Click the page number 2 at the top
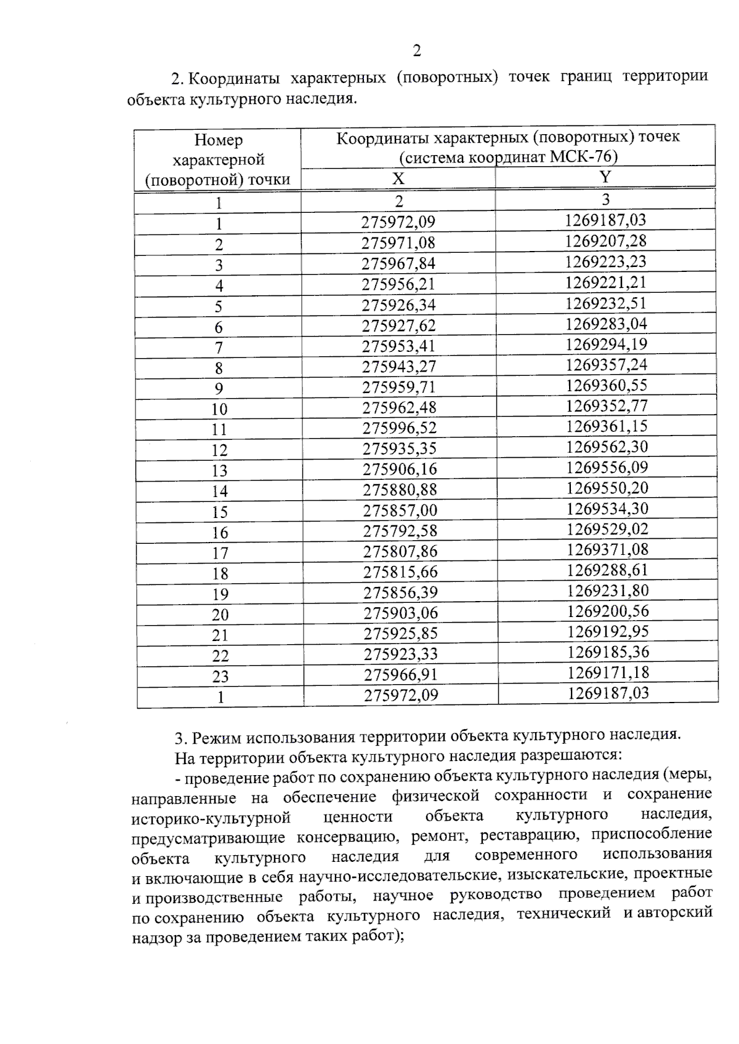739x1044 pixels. [417, 50]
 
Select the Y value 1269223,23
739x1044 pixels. [605, 261]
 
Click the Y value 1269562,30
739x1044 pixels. [607, 447]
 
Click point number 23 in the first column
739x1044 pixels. [220, 676]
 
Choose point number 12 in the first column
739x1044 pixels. [219, 450]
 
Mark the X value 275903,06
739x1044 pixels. [400, 613]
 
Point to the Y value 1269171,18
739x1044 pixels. [608, 672]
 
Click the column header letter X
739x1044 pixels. [398, 178]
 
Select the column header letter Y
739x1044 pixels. [605, 177]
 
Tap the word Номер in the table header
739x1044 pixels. [218, 140]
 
